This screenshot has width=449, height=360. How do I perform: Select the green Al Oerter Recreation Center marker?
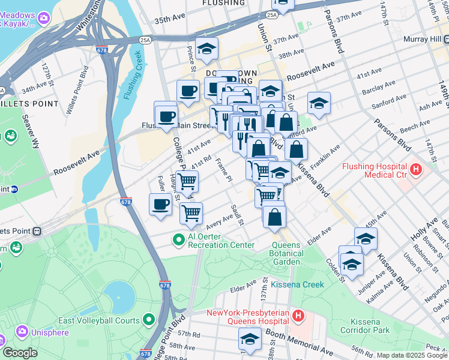point(178,239)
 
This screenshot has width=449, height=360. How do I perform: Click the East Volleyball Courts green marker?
point(148,320)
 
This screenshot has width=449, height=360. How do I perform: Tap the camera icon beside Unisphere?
point(23,331)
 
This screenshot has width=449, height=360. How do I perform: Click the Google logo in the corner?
point(19,353)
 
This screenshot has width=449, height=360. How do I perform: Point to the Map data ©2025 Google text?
point(411,355)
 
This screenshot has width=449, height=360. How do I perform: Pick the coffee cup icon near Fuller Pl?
point(160,204)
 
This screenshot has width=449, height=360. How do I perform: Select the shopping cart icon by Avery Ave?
point(191,213)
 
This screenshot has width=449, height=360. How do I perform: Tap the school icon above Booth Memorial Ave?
point(250,340)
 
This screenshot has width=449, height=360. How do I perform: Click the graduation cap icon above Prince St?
point(206,49)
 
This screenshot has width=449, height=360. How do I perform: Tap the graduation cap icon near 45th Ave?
point(366,238)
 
